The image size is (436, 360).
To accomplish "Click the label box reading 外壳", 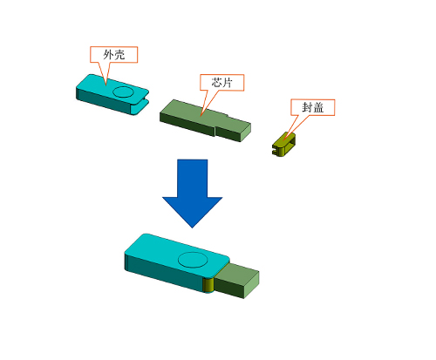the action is point(113,54).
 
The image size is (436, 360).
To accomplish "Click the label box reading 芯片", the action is point(221,83).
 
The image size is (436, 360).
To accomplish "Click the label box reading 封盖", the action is point(313,107).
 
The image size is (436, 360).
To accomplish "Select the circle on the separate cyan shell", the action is point(123,92).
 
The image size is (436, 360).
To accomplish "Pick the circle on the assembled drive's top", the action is point(193,260).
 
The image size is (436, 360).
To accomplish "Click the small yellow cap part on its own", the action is point(283,144).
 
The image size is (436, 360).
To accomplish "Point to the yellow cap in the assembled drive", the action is point(208,285).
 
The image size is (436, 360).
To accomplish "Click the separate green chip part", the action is point(205,120).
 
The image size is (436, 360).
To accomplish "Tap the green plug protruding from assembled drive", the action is point(237,281).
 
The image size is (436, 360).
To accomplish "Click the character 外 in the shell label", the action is point(108,55).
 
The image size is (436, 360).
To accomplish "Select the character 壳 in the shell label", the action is point(119,55).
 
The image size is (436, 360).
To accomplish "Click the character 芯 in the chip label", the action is point(216,83).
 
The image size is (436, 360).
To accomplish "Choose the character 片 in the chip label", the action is point(228,83).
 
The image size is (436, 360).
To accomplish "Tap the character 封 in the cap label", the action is point(307,107).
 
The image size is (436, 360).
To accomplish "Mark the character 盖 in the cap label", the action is point(318,107).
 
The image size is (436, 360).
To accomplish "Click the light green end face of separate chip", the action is point(246,133).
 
